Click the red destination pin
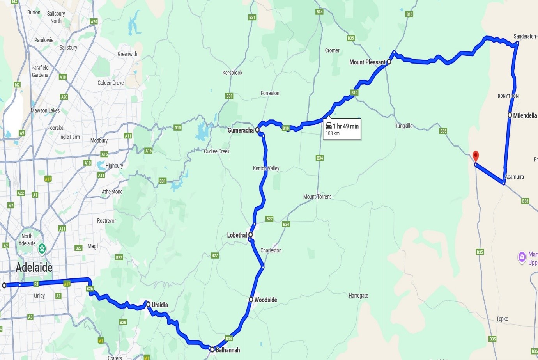click(476, 156)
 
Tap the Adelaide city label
click(34, 268)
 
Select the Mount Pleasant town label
click(367, 62)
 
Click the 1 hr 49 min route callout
click(342, 129)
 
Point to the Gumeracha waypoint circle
click(257, 130)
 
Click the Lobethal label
click(237, 235)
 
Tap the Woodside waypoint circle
click(251, 300)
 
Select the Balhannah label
click(228, 350)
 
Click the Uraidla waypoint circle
click(149, 304)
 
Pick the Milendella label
click(525, 115)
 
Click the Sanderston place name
click(524, 36)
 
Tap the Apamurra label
click(514, 177)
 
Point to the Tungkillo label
click(403, 126)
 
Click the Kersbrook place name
click(232, 73)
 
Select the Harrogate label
click(358, 296)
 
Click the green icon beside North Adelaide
click(42, 248)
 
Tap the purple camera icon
click(522, 257)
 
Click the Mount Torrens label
click(317, 197)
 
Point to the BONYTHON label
click(508, 96)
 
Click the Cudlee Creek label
click(217, 151)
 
